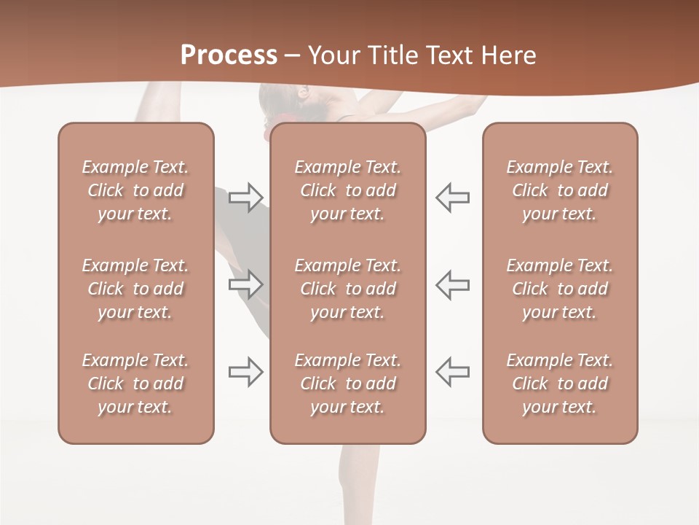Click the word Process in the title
pos(229,55)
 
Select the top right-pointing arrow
pos(246,197)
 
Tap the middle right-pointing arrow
pos(246,284)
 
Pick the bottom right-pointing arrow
pos(246,372)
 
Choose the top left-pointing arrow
pos(452,197)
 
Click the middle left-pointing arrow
pos(452,284)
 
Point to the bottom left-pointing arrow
pos(452,372)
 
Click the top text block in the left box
pos(135,190)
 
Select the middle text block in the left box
pos(135,289)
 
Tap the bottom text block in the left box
pos(135,384)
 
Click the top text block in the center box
pos(347,190)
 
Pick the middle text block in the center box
pos(347,289)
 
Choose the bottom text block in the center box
pos(347,384)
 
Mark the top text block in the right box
pos(559,190)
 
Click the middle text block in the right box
pos(559,289)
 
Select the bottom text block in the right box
pos(559,384)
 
